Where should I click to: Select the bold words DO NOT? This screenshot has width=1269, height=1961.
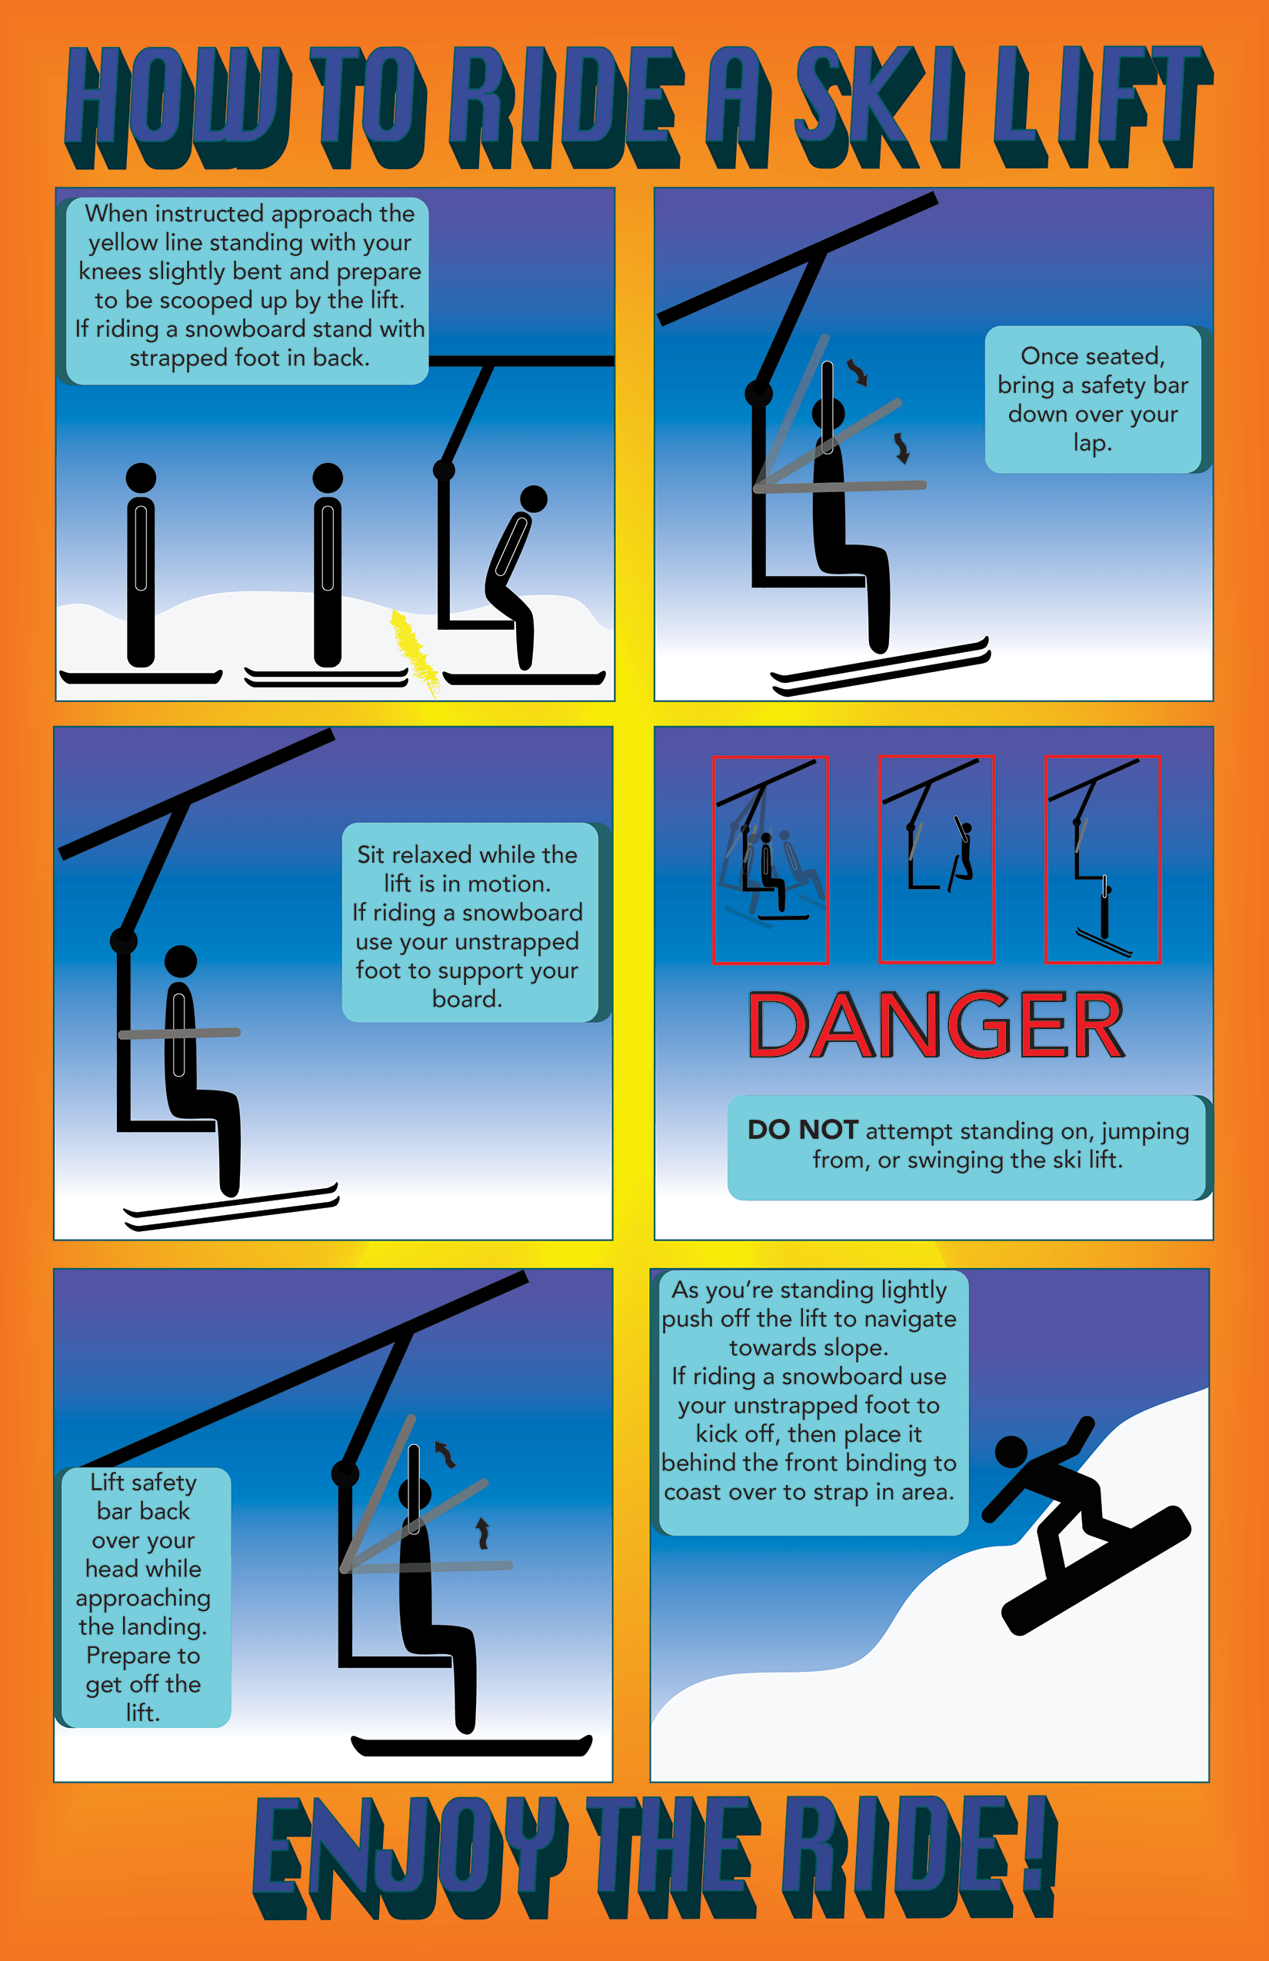(x=803, y=1130)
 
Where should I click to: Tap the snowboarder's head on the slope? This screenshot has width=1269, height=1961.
(x=1011, y=1451)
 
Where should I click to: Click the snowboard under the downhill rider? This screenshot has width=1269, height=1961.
(x=1096, y=1570)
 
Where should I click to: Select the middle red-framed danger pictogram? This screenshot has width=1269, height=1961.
(x=937, y=858)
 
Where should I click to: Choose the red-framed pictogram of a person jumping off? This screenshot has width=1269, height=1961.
(x=1103, y=858)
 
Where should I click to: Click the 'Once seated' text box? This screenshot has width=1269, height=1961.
(x=1093, y=400)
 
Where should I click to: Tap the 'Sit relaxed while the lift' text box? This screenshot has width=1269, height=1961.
(x=470, y=922)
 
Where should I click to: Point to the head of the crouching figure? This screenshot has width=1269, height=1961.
(x=534, y=498)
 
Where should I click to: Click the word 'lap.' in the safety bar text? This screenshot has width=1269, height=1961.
(x=1093, y=443)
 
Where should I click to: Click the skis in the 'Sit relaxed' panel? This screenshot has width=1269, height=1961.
(x=231, y=1207)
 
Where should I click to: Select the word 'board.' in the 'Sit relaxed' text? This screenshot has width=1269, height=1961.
(x=468, y=999)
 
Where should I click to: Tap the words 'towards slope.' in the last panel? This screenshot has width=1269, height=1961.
(x=808, y=1347)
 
